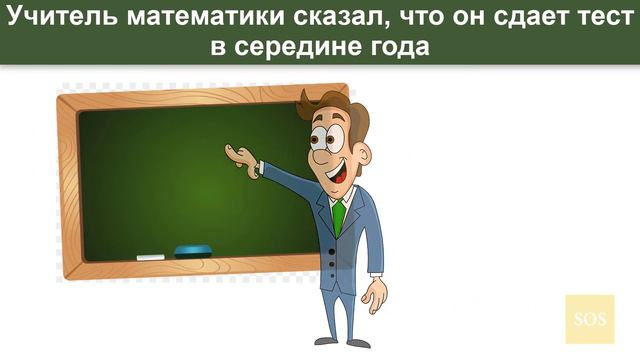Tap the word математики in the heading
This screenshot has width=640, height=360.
(x=177, y=17)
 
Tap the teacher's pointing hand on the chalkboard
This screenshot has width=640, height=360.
(x=240, y=156)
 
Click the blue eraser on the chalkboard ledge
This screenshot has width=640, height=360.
(x=193, y=250)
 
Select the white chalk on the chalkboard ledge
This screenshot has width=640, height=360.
(x=150, y=257)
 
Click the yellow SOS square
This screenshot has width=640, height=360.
(x=586, y=319)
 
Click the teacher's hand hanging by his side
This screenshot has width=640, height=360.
(x=374, y=296)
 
